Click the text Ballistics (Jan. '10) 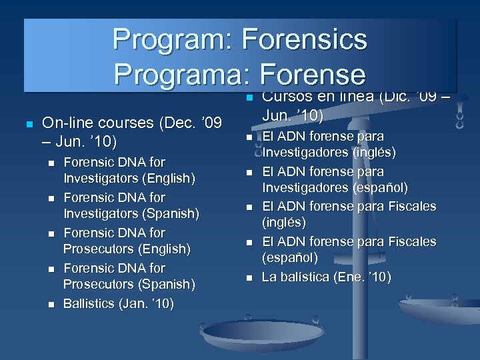118,304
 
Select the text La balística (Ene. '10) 327,277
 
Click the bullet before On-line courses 29,125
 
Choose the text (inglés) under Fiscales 284,222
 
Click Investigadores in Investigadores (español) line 304,187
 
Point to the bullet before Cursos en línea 248,99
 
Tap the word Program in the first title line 168,39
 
